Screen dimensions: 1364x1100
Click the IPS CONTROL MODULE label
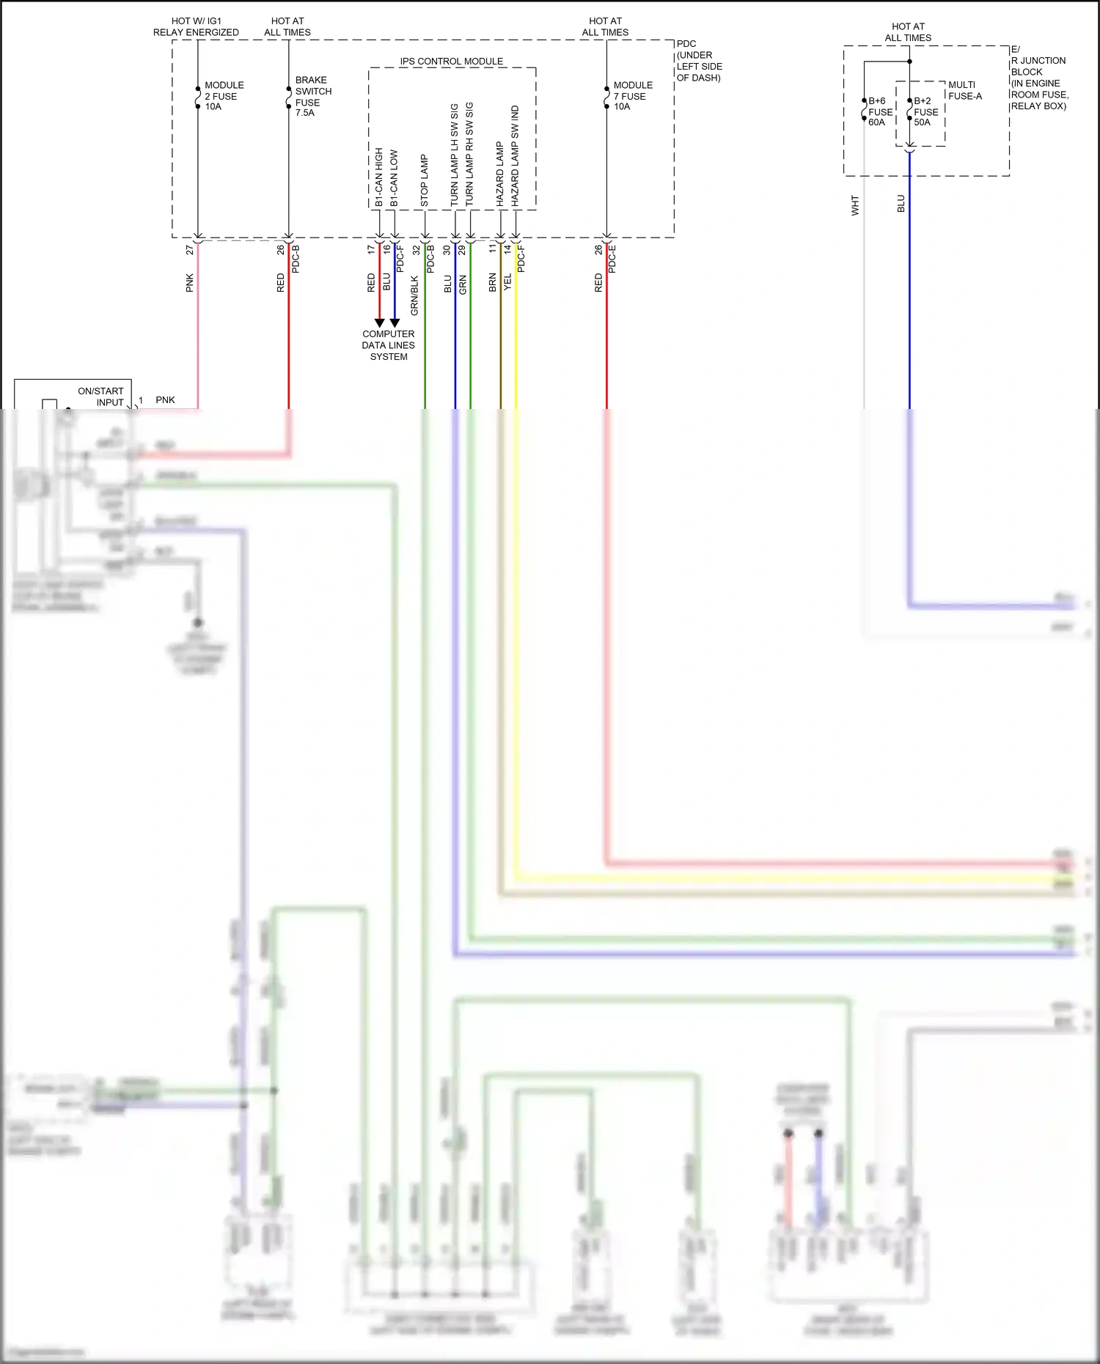click(x=451, y=62)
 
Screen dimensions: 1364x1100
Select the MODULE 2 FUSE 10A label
click(x=223, y=96)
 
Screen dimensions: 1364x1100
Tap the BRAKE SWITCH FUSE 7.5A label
click(x=312, y=96)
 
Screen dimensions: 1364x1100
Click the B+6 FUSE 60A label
click(x=879, y=111)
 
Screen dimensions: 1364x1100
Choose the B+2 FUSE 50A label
click(x=925, y=111)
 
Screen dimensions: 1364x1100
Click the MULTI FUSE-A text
click(x=964, y=90)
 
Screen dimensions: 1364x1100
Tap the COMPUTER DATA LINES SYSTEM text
click(x=388, y=345)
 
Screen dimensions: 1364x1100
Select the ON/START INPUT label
click(x=102, y=397)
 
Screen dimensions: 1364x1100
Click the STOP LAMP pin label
click(x=424, y=180)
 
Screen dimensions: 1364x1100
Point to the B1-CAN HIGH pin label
click(x=378, y=177)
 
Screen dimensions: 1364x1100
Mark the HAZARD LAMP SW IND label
click(x=515, y=155)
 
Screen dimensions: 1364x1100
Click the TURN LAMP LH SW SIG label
click(x=454, y=154)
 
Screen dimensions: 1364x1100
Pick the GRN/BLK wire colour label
click(x=414, y=295)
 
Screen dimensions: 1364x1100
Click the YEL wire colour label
click(x=507, y=281)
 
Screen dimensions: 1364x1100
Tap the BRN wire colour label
click(x=492, y=283)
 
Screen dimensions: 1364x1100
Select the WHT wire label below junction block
click(x=854, y=205)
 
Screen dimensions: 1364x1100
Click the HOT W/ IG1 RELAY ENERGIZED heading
click(x=196, y=26)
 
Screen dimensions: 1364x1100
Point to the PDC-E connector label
click(x=612, y=259)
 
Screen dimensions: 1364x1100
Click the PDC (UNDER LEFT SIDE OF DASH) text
click(x=698, y=61)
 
